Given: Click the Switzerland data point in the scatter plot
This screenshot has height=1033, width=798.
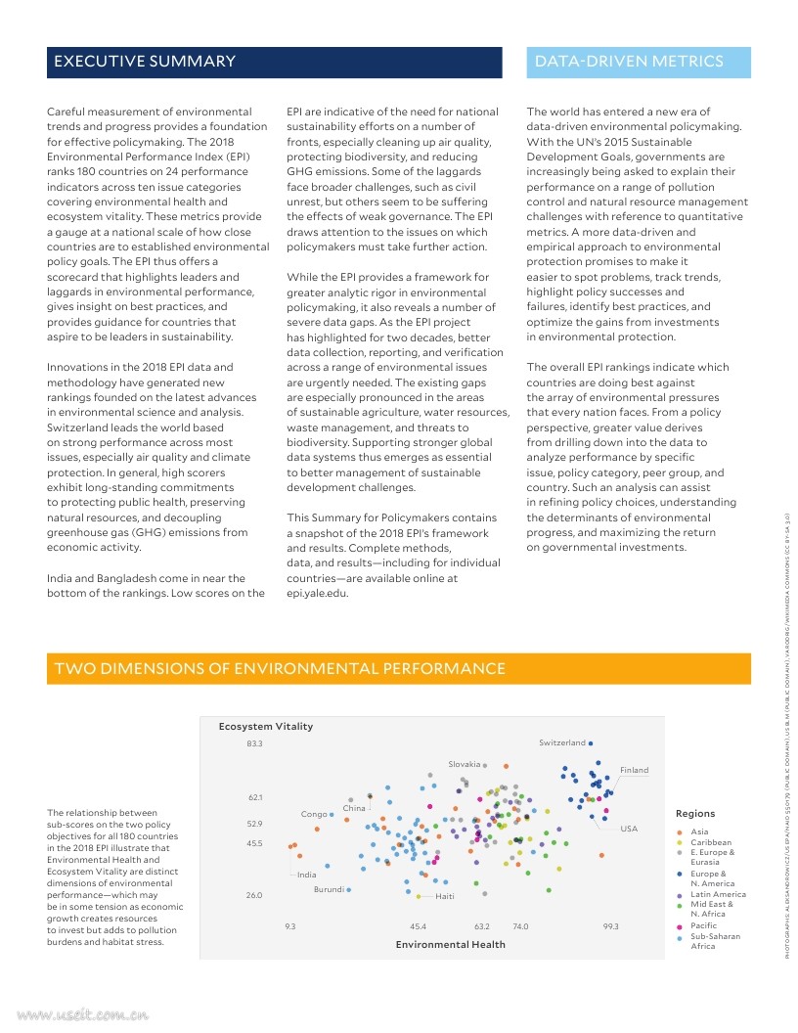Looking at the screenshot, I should point(591,743).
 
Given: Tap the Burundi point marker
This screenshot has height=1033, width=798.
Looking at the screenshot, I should point(348,889).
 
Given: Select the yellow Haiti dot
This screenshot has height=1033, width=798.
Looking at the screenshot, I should point(419,896).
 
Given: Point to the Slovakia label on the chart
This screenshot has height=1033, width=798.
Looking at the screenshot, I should point(465,763).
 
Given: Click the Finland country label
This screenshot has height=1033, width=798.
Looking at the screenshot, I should point(634,770).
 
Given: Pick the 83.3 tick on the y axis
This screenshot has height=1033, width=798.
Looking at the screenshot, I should point(254,743).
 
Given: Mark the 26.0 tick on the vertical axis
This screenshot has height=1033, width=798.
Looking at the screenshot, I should point(254,895).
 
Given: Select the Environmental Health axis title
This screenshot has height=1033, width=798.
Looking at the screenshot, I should point(450,944).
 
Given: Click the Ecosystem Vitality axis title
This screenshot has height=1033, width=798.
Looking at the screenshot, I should point(265,726).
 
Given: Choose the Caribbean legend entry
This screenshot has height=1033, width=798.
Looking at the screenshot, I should point(710,842).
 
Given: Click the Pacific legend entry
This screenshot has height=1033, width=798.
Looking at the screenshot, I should point(703,925).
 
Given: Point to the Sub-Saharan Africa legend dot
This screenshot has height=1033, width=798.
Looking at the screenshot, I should point(680,937).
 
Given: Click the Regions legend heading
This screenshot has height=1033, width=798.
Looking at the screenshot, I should point(695,813).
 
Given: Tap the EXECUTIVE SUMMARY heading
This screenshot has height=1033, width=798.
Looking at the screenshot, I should point(145,62).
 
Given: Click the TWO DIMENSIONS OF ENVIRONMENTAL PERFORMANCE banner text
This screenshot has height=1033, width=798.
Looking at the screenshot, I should point(280,669).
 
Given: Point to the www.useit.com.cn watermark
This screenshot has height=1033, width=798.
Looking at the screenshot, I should point(75,1015).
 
